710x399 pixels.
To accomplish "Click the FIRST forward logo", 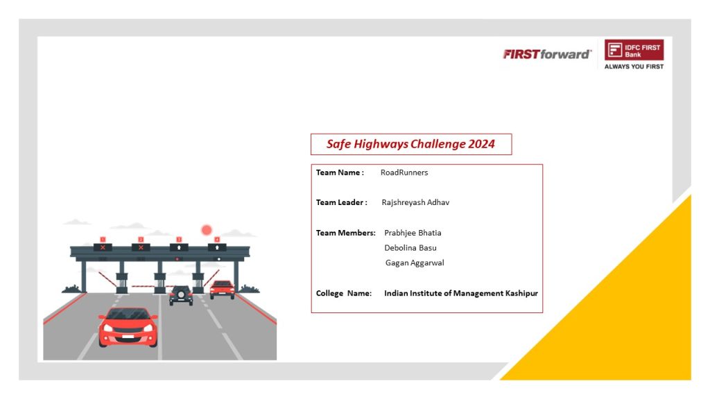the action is pyautogui.click(x=547, y=54).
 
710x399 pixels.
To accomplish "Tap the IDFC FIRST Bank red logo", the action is pyautogui.click(x=634, y=50).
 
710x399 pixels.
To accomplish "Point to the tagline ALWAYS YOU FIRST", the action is pyautogui.click(x=634, y=66).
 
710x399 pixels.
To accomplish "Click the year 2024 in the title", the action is pyautogui.click(x=481, y=144).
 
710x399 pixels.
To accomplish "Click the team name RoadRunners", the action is pyautogui.click(x=404, y=172).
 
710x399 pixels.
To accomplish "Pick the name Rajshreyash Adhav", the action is pyautogui.click(x=415, y=202).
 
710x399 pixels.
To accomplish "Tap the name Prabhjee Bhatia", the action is pyautogui.click(x=413, y=233).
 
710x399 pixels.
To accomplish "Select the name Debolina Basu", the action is pyautogui.click(x=410, y=247).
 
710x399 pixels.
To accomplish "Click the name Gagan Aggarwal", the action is pyautogui.click(x=415, y=263).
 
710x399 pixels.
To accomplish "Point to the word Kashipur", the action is pyautogui.click(x=521, y=293).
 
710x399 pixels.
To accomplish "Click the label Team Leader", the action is pyautogui.click(x=341, y=202).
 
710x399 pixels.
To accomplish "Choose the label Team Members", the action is pyautogui.click(x=345, y=233).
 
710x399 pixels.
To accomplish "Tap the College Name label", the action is pyautogui.click(x=344, y=293).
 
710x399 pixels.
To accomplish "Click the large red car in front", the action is pyautogui.click(x=128, y=327).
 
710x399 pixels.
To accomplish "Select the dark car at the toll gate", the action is pyautogui.click(x=181, y=295).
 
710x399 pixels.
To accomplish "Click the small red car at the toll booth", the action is pyautogui.click(x=222, y=290).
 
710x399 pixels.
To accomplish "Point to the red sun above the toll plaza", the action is pyautogui.click(x=207, y=230).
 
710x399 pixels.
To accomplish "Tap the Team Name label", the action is pyautogui.click(x=340, y=172).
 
